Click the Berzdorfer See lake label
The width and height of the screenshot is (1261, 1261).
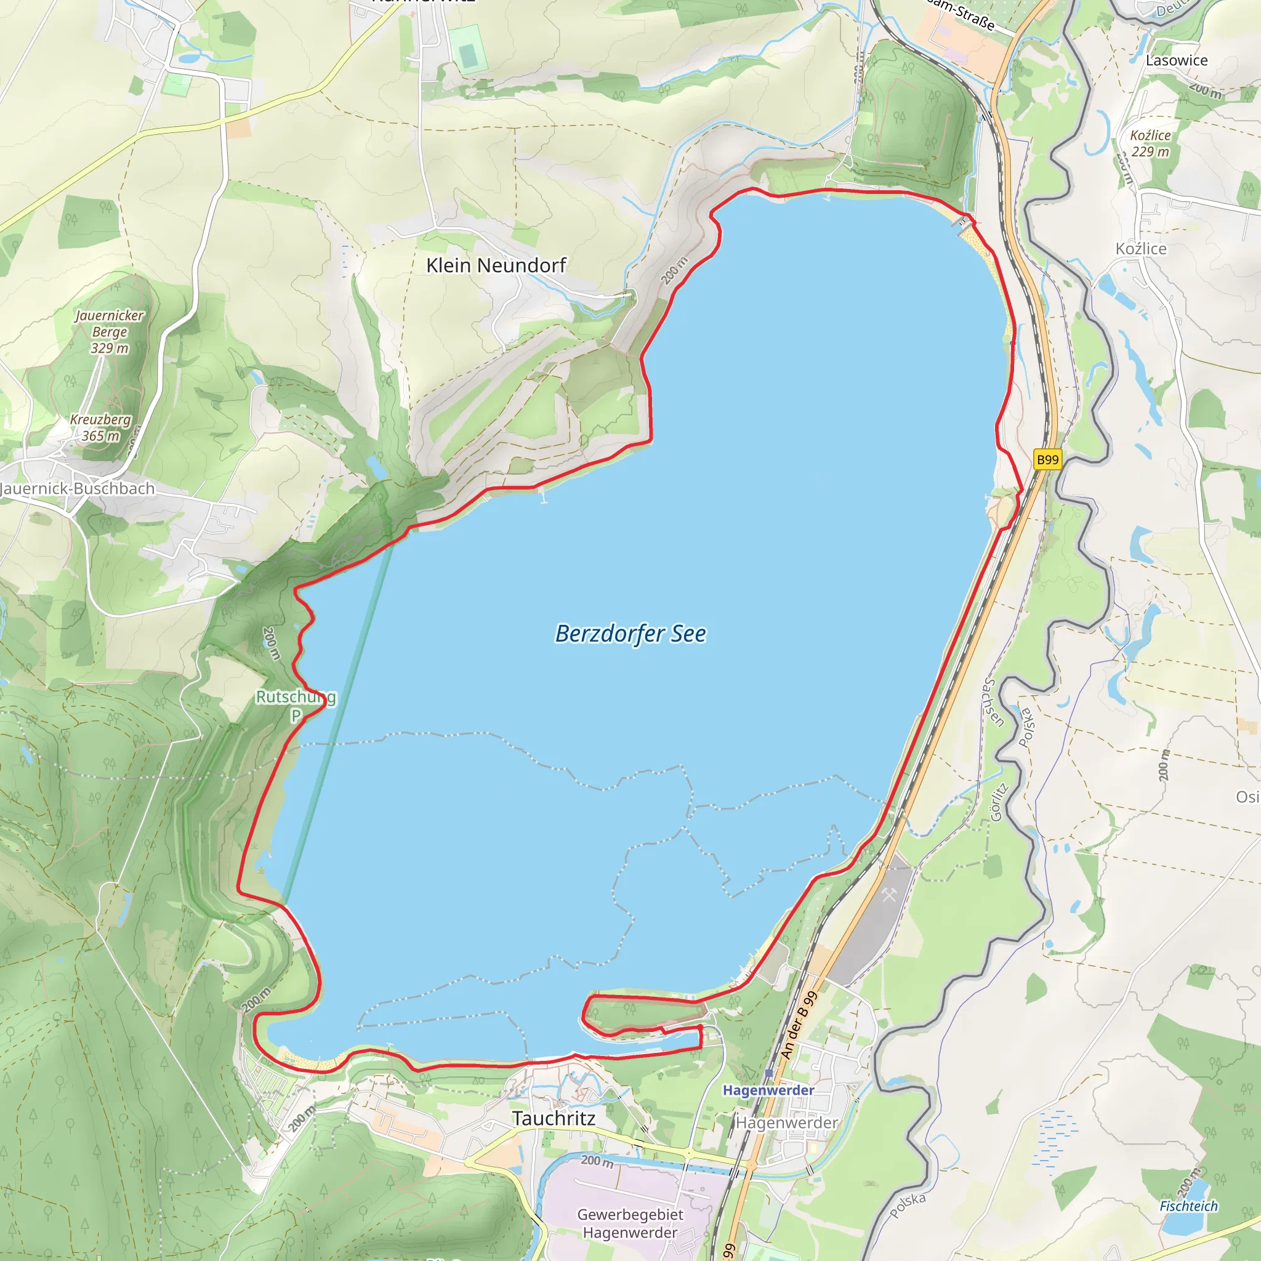click(630, 634)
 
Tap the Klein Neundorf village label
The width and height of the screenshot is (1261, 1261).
click(496, 265)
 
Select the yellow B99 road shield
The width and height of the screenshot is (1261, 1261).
click(1047, 459)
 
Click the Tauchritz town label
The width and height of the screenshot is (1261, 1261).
click(554, 1118)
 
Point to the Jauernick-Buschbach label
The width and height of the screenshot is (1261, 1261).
click(77, 488)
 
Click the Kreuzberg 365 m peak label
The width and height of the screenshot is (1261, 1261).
click(100, 427)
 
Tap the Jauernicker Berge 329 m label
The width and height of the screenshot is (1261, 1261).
click(110, 332)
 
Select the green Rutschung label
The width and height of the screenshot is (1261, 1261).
click(295, 696)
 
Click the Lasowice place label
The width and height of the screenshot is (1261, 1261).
click(1177, 60)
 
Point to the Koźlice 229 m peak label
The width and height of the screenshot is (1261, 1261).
click(1150, 143)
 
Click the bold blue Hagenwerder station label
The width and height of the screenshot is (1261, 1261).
click(768, 1090)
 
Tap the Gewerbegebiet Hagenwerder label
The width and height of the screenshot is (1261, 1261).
click(630, 1223)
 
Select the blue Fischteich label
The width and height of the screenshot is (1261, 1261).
click(1188, 1206)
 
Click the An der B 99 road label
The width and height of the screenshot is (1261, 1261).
click(798, 1025)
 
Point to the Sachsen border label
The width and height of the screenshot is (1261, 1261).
click(993, 703)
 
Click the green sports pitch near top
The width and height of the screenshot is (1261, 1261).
click(468, 49)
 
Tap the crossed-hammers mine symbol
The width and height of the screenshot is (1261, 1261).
click(889, 895)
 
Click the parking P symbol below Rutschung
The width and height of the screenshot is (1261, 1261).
click(296, 715)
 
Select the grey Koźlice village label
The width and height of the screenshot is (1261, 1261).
click(1141, 249)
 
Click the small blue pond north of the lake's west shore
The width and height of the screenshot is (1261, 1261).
click(376, 467)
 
